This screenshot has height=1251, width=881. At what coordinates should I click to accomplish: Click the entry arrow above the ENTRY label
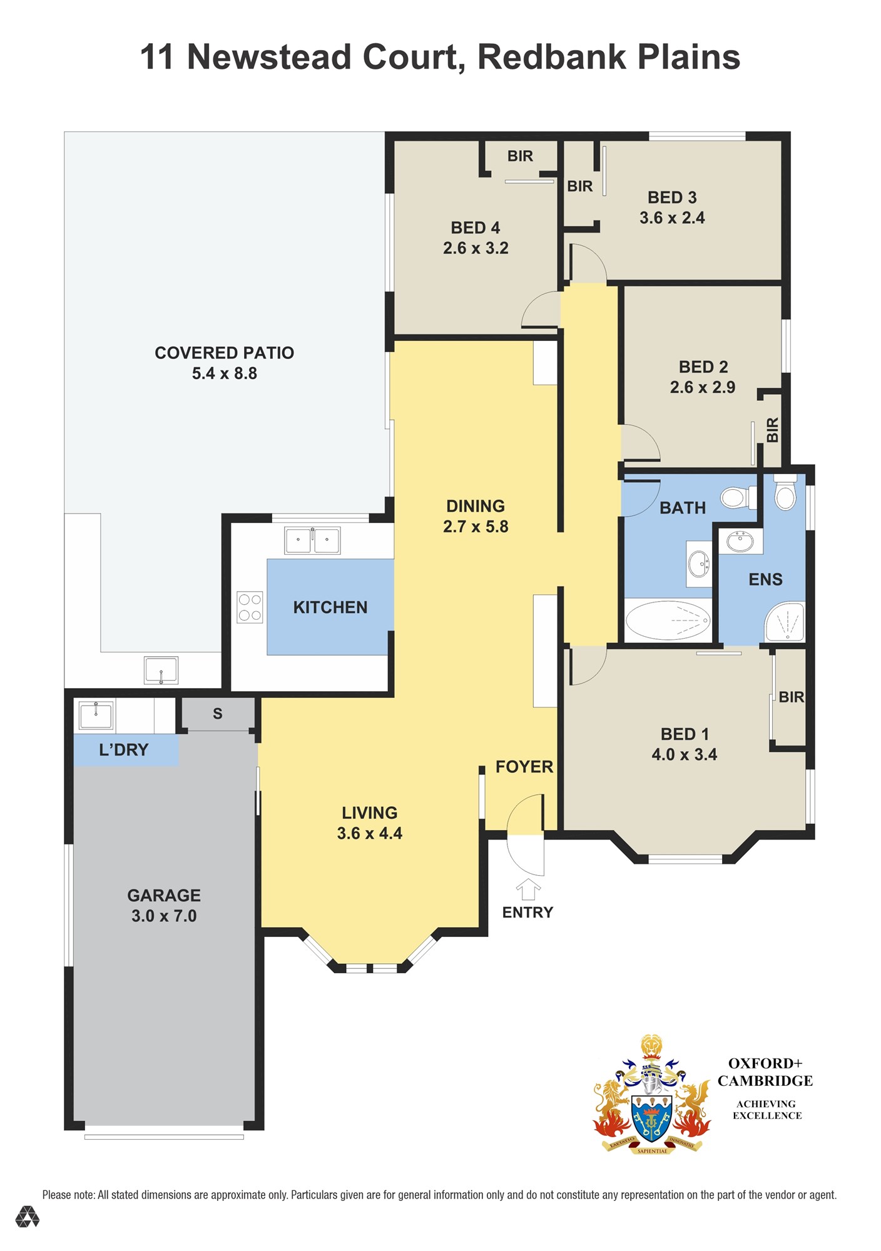coord(528,889)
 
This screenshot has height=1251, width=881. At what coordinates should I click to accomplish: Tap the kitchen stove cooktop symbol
coord(250,607)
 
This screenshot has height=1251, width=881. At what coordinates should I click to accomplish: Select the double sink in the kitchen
coord(312,540)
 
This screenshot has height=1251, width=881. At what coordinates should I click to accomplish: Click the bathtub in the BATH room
coord(668,620)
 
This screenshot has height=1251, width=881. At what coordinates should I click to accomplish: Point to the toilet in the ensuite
coord(785,492)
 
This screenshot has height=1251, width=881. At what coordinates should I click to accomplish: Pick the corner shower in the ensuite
coord(785,622)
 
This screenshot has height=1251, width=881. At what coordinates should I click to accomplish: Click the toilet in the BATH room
coord(738,498)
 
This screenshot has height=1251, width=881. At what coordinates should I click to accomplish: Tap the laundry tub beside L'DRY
coord(96,716)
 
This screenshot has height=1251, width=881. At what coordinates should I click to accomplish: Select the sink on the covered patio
coord(161,670)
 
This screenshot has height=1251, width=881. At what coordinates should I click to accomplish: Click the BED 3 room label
coord(672,198)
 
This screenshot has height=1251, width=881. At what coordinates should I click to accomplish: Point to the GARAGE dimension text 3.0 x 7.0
coord(164,916)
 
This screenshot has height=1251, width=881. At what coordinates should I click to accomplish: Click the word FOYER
coord(524,767)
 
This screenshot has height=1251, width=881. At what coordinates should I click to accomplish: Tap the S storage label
coord(218,714)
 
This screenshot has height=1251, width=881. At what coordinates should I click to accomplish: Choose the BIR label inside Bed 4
coord(520,156)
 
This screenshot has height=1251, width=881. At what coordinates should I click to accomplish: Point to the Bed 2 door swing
coord(640,443)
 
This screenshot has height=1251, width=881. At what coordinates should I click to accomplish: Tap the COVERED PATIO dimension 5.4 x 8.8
coord(225,373)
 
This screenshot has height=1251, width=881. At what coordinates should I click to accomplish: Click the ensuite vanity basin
coord(740,541)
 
